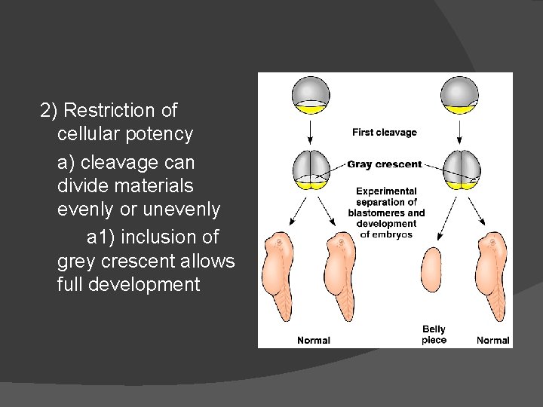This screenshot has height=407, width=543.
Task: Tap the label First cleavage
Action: (385, 133)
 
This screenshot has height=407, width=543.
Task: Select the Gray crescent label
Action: (385, 164)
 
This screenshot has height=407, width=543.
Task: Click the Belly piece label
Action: (434, 335)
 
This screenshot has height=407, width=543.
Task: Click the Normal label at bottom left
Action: (313, 341)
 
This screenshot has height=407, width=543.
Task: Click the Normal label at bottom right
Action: (492, 341)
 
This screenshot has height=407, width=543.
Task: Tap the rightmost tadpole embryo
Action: (495, 275)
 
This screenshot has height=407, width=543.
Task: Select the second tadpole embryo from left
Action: (339, 275)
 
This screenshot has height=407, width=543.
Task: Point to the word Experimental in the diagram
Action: (386, 191)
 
